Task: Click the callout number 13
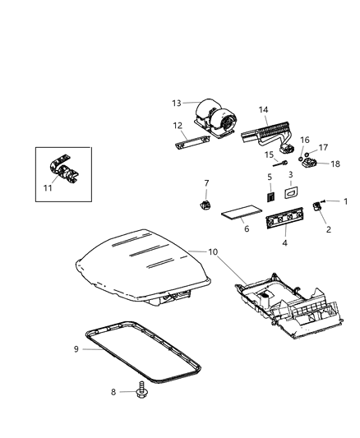click(175, 103)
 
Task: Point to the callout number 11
click(47, 188)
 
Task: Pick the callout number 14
click(264, 109)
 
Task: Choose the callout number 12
click(176, 126)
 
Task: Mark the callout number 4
click(285, 243)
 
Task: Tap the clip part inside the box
click(62, 171)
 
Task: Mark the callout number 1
click(346, 201)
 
